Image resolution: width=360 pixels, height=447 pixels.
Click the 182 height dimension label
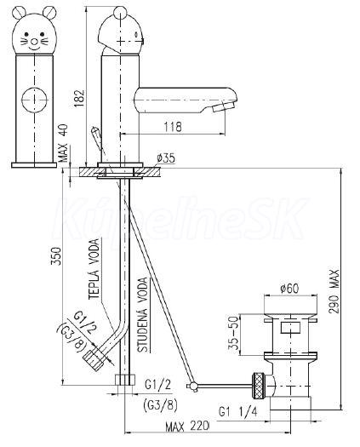(x=79, y=99)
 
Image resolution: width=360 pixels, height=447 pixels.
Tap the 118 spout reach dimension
(x=173, y=127)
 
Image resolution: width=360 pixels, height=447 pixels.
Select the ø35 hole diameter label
(x=166, y=158)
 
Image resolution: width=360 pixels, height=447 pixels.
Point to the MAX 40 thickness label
(x=64, y=143)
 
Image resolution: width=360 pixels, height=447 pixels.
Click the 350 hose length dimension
(x=56, y=256)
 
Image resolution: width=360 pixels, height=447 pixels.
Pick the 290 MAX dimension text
(x=334, y=291)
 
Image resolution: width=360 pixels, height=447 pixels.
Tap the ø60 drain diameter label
(x=289, y=289)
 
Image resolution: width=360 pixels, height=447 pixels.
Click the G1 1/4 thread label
(x=238, y=411)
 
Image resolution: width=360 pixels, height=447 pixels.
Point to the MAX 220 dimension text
(x=187, y=427)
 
